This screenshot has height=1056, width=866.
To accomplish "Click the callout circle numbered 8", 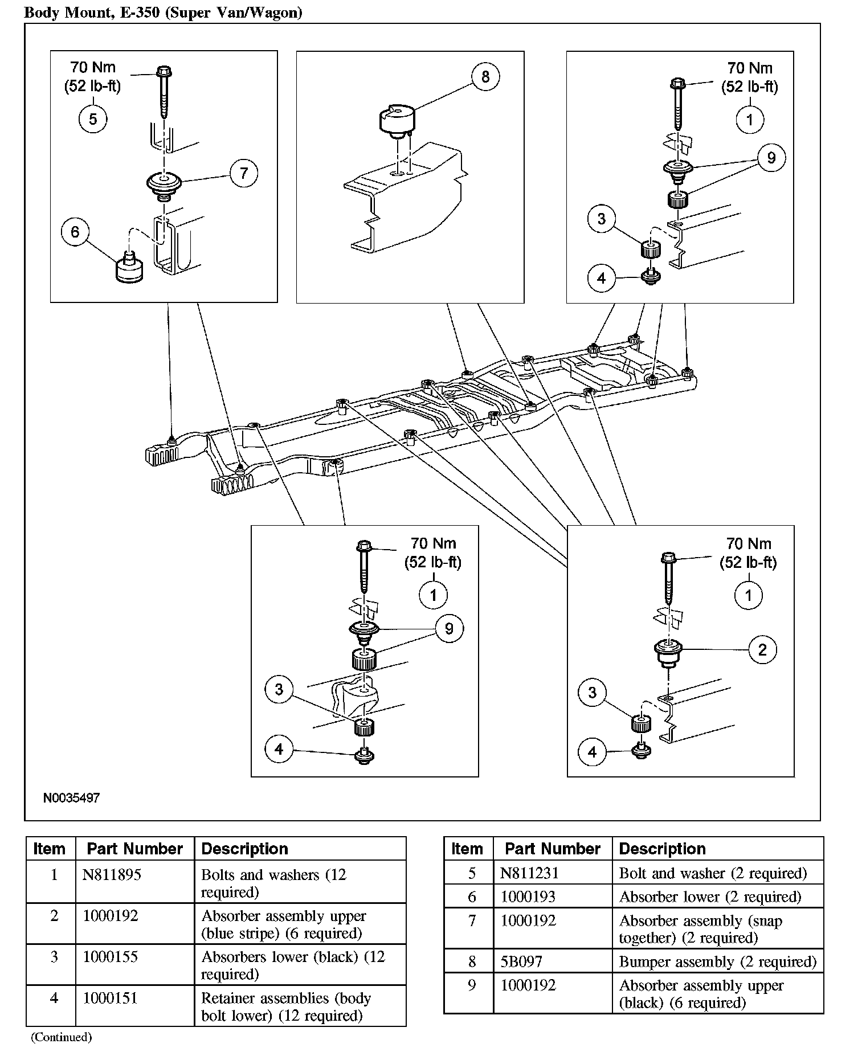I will click(485, 76).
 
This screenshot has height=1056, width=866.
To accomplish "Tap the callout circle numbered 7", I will click(244, 173).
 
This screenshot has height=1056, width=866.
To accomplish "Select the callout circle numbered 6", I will click(75, 232).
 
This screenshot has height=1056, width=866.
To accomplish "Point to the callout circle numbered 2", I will click(762, 649).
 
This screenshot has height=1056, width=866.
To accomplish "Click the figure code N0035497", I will click(71, 798).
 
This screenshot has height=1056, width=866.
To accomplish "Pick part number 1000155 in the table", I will click(111, 956).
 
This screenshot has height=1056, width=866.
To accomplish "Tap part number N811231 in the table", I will click(530, 873).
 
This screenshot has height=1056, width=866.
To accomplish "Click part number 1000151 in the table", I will click(111, 998).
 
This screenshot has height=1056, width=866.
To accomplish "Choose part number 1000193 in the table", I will click(528, 897).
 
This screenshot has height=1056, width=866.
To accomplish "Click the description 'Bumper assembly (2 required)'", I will click(717, 962).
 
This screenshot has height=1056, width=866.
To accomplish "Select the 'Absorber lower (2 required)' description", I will click(710, 897).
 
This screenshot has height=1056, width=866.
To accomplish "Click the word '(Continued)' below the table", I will click(61, 1037).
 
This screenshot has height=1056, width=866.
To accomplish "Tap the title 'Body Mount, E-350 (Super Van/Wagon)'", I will click(163, 13).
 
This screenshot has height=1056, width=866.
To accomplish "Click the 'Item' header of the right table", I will click(467, 849).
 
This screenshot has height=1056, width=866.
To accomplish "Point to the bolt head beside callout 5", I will click(164, 72).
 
